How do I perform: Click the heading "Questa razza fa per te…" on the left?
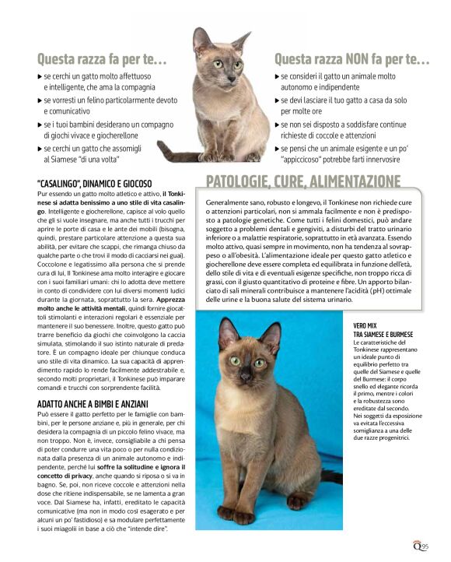(x=101, y=59)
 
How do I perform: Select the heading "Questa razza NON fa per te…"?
(x=351, y=59)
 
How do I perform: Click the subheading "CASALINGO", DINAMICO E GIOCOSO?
(x=94, y=183)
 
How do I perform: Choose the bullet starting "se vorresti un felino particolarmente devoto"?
(x=109, y=106)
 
